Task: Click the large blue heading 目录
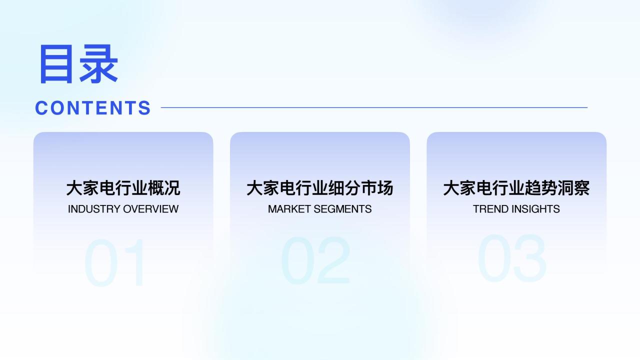pyautogui.click(x=79, y=63)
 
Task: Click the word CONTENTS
pyautogui.click(x=93, y=108)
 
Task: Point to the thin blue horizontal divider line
pyautogui.click(x=374, y=107)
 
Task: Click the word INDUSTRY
pyautogui.click(x=94, y=209)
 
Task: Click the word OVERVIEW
pyautogui.click(x=150, y=209)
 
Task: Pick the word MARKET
pyautogui.click(x=289, y=209)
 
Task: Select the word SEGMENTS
pyautogui.click(x=342, y=209)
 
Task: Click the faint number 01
pyautogui.click(x=114, y=262)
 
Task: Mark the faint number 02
pyautogui.click(x=315, y=260)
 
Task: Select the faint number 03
pyautogui.click(x=512, y=258)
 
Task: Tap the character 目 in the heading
pyautogui.click(x=55, y=64)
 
